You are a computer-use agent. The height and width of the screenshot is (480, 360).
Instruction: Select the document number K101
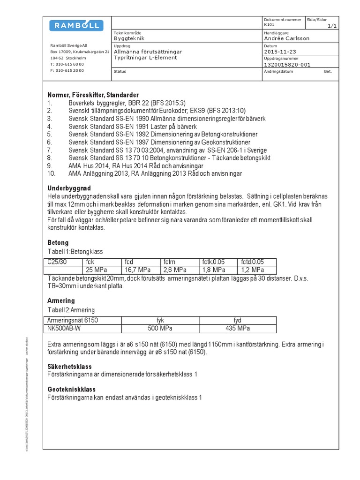tap(269, 24)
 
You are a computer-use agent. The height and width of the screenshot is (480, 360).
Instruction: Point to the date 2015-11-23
tap(280, 52)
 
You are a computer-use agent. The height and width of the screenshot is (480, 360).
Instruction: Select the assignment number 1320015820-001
tap(287, 65)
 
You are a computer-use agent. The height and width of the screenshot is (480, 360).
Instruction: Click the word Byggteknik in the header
tap(129, 38)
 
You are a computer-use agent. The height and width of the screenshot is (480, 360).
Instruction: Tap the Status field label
tap(120, 71)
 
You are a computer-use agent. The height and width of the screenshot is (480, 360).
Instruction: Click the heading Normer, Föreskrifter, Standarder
tap(93, 95)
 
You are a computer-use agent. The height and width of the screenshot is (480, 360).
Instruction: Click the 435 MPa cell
tap(237, 328)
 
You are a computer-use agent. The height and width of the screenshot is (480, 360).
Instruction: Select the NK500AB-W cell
tap(64, 328)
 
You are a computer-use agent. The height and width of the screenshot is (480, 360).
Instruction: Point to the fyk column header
tap(160, 320)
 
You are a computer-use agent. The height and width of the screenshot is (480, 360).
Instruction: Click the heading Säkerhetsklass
tap(70, 367)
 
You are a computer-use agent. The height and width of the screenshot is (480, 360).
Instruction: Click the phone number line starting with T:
tap(67, 64)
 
